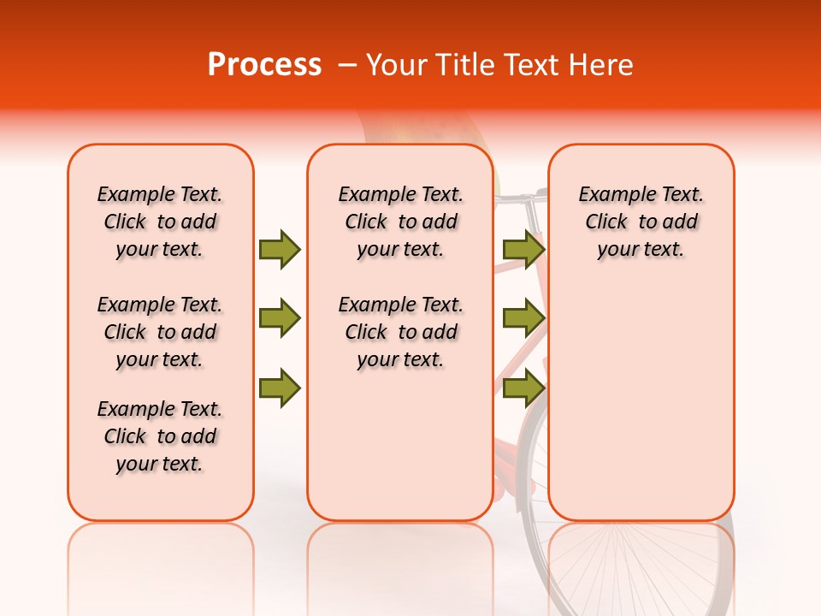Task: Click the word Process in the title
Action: [x=264, y=65]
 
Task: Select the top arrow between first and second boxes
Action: [x=280, y=249]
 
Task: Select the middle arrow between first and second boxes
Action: [x=280, y=318]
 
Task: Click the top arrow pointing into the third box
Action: [x=523, y=249]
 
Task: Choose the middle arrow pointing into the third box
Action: [x=523, y=318]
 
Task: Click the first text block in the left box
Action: [x=160, y=222]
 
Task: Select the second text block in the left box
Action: [x=160, y=332]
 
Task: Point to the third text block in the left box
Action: [x=160, y=436]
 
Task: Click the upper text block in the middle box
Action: [x=400, y=222]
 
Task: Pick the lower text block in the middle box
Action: [x=400, y=332]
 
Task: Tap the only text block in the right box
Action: [x=641, y=222]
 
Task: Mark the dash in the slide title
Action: [x=346, y=65]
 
